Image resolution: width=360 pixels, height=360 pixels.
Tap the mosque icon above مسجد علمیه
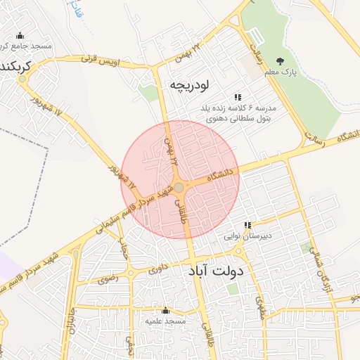(x=165, y=310)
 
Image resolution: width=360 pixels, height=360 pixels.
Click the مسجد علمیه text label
(x=165, y=321)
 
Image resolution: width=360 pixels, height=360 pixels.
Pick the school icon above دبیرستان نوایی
(x=247, y=225)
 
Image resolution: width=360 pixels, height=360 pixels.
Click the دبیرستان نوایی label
(x=247, y=236)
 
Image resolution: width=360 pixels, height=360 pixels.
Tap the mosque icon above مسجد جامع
(x=19, y=36)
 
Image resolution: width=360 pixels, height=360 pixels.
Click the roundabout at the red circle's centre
(x=179, y=187)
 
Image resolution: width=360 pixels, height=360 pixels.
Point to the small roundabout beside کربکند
(x=23, y=78)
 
